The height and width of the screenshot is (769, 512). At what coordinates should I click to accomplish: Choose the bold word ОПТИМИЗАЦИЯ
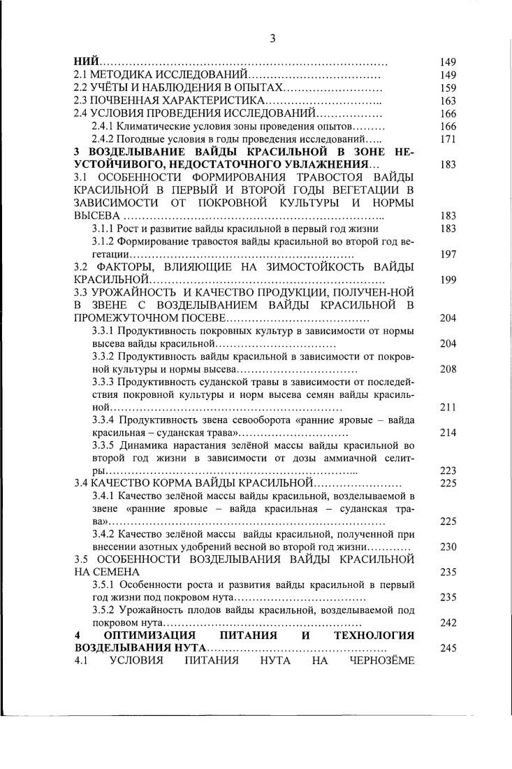[155, 635]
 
